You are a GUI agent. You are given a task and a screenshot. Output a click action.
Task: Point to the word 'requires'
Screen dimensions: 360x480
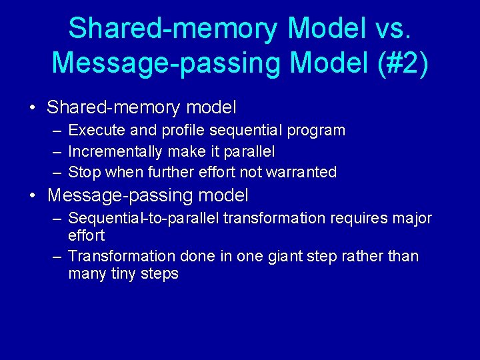pos(355,219)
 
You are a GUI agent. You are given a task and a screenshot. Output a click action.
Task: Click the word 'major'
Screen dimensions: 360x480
pos(411,219)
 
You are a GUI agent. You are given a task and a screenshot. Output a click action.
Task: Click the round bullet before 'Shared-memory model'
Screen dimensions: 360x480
pos(32,108)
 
